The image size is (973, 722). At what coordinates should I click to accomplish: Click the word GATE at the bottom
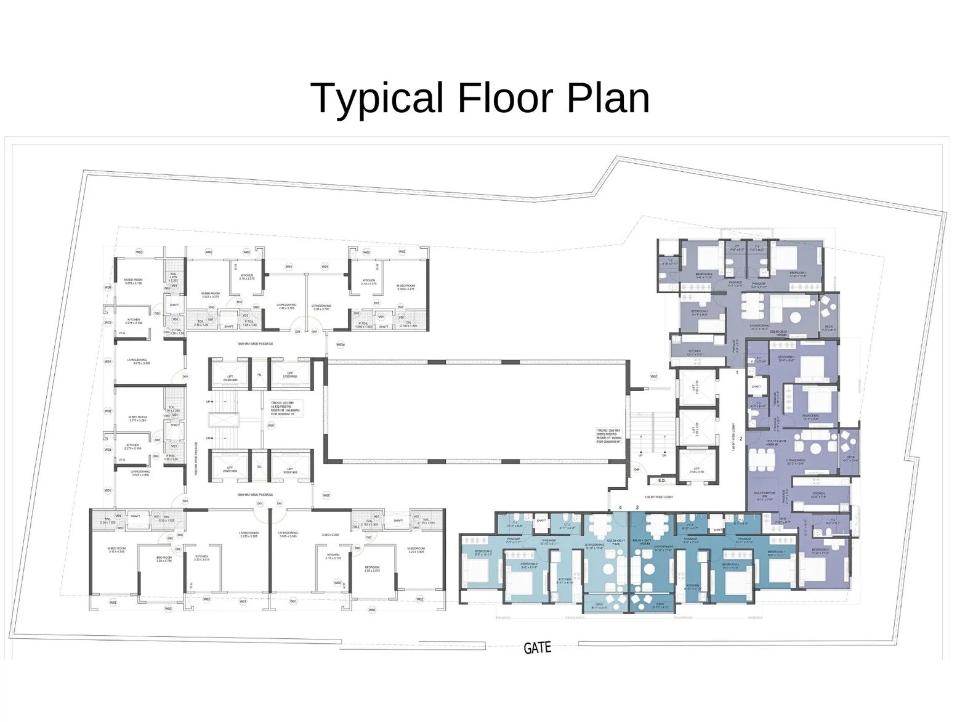pyautogui.click(x=537, y=648)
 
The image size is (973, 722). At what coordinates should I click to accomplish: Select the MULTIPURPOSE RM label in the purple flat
pyautogui.click(x=764, y=495)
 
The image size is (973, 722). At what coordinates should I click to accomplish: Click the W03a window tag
pyautogui.click(x=340, y=345)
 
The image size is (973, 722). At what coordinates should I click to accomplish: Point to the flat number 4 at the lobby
pyautogui.click(x=620, y=507)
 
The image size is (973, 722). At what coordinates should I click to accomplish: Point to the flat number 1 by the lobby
pyautogui.click(x=737, y=373)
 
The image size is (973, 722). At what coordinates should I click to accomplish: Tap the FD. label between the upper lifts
pyautogui.click(x=259, y=375)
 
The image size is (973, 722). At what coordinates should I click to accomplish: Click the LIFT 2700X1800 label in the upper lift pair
pyautogui.click(x=289, y=375)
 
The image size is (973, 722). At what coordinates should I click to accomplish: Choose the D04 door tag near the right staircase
pyautogui.click(x=637, y=469)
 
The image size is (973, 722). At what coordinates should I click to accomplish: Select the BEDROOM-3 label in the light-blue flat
pyautogui.click(x=483, y=553)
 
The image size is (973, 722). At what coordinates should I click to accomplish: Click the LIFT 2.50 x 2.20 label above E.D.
pyautogui.click(x=696, y=471)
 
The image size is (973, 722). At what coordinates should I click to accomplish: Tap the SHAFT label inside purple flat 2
pyautogui.click(x=756, y=387)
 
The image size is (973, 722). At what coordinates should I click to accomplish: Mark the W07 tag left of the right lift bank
pyautogui.click(x=653, y=376)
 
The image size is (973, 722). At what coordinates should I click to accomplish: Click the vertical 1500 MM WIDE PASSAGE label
pyautogui.click(x=196, y=458)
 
